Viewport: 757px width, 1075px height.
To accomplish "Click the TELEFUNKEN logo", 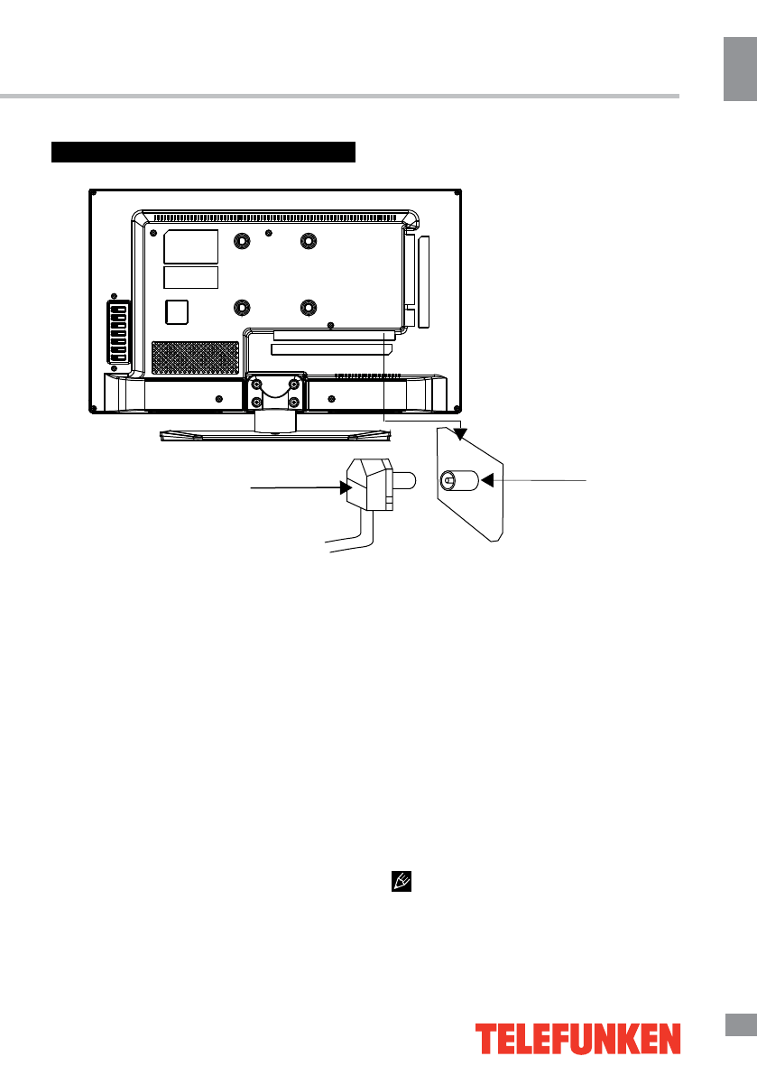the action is point(577,1039).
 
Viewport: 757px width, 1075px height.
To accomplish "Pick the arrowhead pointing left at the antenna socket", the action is point(487,481).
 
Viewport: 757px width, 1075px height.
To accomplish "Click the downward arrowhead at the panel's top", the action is point(460,433).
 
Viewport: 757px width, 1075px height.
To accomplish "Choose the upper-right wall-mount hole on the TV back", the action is point(309,241).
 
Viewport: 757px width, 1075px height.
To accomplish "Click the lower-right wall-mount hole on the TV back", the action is point(309,307).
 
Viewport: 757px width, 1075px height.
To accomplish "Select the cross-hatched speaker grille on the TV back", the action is point(194,357).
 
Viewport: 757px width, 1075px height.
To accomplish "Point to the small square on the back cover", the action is point(178,310).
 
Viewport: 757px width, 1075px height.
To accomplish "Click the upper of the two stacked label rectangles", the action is point(191,246).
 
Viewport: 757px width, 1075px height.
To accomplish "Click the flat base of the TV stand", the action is point(276,435).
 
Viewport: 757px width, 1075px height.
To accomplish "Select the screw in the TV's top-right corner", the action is point(457,192).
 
